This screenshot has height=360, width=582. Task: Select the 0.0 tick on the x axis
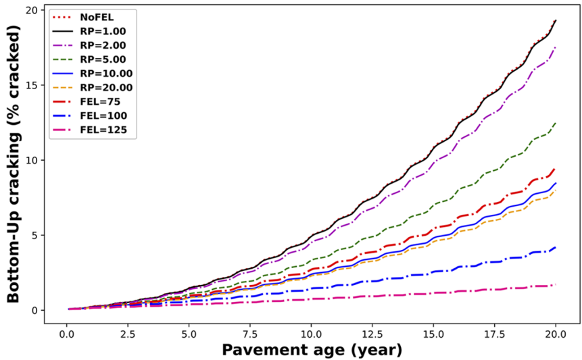pos(66,334)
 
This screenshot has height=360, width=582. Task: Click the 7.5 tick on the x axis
pos(249,334)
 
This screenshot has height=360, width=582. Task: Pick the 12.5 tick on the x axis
pos(372,334)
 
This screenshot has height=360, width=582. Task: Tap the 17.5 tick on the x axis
pos(494,334)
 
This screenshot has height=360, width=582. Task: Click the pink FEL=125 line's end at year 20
pos(555,285)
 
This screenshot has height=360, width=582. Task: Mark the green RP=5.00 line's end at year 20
pos(555,124)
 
